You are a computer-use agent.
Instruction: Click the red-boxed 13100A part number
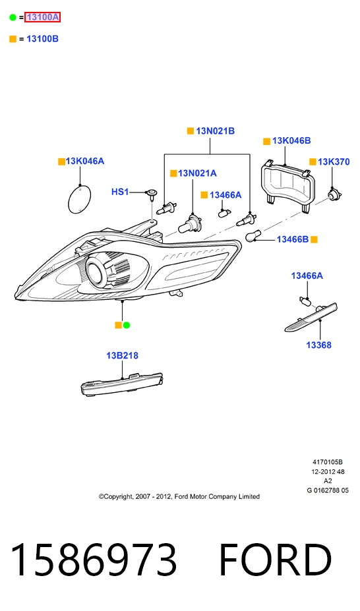tap(42, 17)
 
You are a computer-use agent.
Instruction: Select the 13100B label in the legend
tap(42, 39)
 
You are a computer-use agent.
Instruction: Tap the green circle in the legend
tap(13, 17)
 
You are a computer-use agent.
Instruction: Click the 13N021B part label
tap(215, 131)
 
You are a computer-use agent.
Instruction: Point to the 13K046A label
tap(85, 161)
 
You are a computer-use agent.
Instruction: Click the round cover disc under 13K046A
tap(80, 200)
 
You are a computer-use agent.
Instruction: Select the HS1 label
tap(120, 192)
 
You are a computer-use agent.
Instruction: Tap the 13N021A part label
tap(197, 173)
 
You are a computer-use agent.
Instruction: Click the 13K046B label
tap(291, 140)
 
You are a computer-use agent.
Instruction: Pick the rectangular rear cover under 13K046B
tap(287, 185)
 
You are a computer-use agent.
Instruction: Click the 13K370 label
tap(334, 161)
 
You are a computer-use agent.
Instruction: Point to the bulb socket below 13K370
tap(334, 194)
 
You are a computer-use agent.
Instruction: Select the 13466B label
tap(293, 239)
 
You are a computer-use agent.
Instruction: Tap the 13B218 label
tap(123, 355)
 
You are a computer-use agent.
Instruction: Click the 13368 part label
tap(318, 345)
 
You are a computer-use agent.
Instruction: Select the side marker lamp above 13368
tap(311, 318)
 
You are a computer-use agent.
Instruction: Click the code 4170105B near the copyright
tap(328, 462)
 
